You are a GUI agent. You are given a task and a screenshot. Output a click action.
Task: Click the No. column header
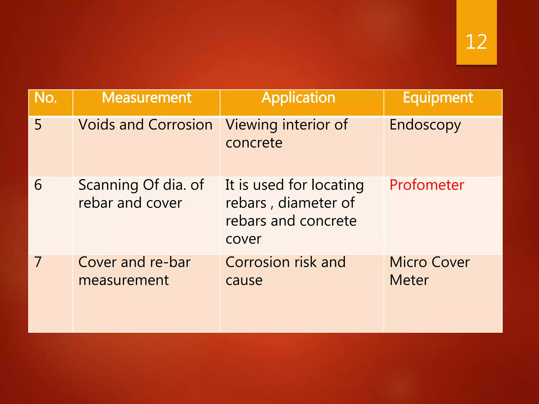pyautogui.click(x=46, y=98)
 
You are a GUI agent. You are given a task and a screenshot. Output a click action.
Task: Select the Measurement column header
pyautogui.click(x=146, y=98)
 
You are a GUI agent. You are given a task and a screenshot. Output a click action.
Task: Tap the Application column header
pyautogui.click(x=298, y=98)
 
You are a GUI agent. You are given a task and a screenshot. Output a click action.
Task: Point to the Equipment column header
pyautogui.click(x=438, y=98)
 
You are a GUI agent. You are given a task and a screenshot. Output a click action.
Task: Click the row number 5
pyautogui.click(x=38, y=125)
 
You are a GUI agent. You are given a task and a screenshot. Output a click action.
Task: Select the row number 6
pyautogui.click(x=38, y=185)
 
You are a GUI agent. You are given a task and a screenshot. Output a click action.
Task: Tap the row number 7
pyautogui.click(x=38, y=262)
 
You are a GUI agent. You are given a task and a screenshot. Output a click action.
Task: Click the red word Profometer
pyautogui.click(x=427, y=185)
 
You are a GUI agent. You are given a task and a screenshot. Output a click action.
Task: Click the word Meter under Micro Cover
pyautogui.click(x=409, y=280)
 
